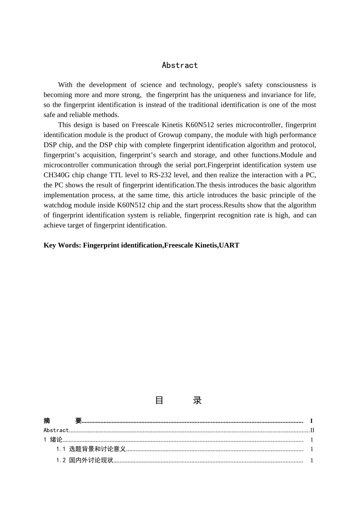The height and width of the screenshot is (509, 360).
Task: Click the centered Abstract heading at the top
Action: [180, 65]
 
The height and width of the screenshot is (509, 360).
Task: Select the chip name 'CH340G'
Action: [56, 175]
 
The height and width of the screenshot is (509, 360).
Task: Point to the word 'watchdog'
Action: [56, 205]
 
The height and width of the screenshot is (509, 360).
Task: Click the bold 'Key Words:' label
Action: [62, 245]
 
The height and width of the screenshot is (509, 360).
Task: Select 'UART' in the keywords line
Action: [229, 245]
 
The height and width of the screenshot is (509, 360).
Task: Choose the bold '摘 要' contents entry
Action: [63, 421]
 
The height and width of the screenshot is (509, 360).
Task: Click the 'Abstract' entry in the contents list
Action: [56, 430]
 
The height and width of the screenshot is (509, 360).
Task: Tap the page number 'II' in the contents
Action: [312, 430]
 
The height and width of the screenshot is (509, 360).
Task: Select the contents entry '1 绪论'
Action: [53, 440]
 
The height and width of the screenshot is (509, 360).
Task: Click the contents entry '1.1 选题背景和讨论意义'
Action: [91, 449]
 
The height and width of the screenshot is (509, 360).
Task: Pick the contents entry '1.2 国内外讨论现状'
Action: [85, 461]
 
